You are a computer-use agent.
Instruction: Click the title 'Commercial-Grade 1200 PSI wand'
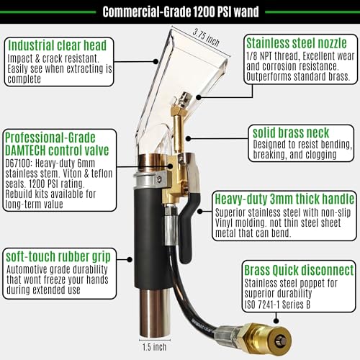[180, 12]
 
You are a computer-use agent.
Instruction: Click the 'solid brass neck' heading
[290, 133]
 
